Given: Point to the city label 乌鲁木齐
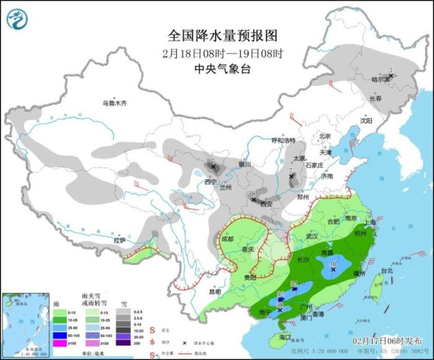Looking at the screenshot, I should click(x=115, y=103).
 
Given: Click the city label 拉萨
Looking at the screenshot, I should click(x=120, y=240).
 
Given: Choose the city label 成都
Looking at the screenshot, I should click(x=228, y=238).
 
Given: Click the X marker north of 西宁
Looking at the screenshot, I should click(x=214, y=167).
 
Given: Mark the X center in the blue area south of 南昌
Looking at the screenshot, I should click(x=333, y=269).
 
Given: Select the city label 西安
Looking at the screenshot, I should click(x=266, y=204).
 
